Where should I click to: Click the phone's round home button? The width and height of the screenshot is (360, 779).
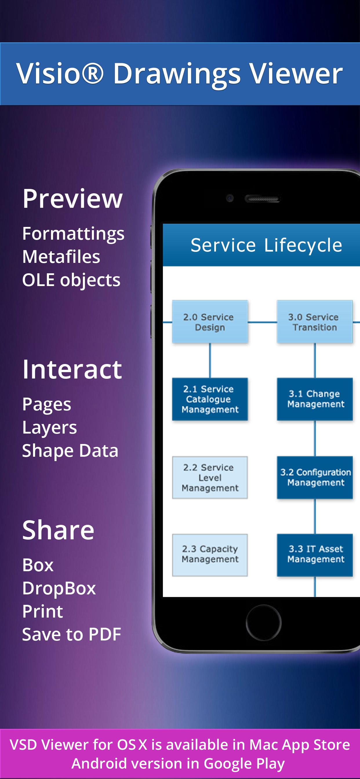click(263, 623)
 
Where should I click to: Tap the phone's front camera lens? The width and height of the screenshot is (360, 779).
click(230, 199)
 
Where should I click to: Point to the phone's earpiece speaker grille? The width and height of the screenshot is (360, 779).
click(263, 199)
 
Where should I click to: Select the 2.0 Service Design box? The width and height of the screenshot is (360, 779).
click(210, 322)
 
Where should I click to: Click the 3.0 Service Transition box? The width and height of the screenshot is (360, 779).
click(314, 322)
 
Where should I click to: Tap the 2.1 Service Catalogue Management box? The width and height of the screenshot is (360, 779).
click(210, 399)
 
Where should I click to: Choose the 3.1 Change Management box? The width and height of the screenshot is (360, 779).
click(315, 399)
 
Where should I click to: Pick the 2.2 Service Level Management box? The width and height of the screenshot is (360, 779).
click(210, 478)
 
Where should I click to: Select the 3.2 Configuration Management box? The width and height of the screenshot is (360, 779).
click(315, 478)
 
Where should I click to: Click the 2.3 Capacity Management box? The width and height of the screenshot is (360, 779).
click(210, 555)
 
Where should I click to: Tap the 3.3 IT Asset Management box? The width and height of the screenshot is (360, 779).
click(315, 555)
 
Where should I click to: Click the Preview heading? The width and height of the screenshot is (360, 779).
click(72, 199)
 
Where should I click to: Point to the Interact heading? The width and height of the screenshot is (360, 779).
click(72, 369)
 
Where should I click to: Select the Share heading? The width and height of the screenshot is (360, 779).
click(58, 530)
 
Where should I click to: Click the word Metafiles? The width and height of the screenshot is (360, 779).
click(61, 257)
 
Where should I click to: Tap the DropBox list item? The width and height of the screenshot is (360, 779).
click(59, 588)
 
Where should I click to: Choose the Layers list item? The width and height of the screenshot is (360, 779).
click(50, 427)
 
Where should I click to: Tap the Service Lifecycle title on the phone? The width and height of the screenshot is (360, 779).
click(266, 245)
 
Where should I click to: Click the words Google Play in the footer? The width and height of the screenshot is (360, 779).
click(244, 763)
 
